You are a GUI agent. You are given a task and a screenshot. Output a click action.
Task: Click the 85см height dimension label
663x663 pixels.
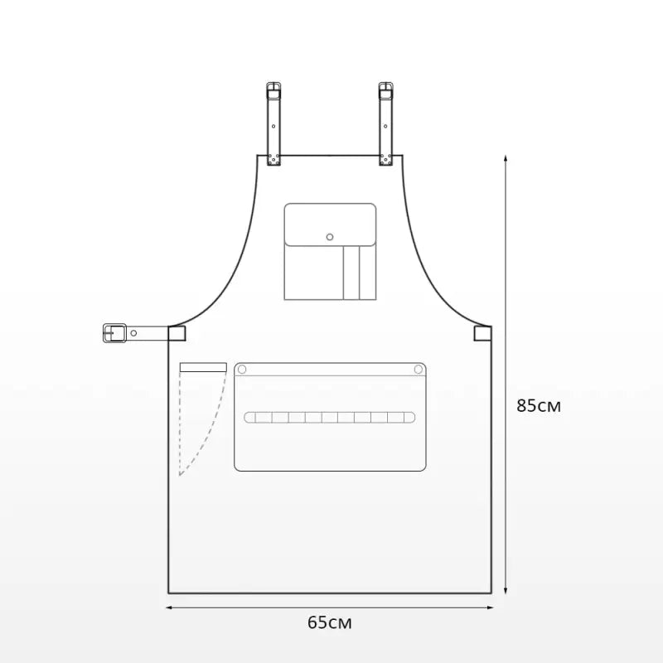[538, 405]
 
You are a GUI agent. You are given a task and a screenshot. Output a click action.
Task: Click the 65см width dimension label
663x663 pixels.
[329, 622]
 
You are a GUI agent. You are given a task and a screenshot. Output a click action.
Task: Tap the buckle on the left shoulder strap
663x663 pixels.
[273, 91]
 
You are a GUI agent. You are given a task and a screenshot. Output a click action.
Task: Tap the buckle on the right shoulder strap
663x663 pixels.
[385, 91]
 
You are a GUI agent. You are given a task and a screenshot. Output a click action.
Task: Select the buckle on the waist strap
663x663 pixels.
[114, 333]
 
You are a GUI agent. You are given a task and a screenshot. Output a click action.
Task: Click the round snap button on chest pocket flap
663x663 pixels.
[330, 237]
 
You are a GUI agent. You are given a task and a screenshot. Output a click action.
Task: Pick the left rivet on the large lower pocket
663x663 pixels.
[242, 370]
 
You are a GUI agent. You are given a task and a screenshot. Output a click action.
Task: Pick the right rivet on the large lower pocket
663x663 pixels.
[419, 370]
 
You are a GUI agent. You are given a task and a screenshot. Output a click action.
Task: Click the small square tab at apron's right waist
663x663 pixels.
[482, 333]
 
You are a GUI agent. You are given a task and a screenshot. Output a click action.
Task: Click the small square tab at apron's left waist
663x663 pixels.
[177, 333]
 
